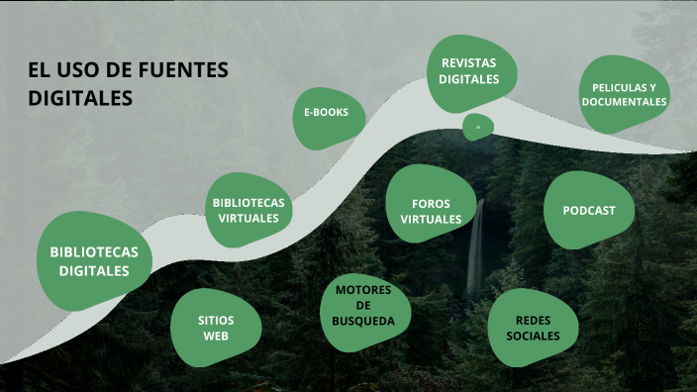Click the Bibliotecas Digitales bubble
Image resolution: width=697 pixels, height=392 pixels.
[94, 260]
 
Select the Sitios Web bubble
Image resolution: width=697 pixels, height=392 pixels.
[216, 328]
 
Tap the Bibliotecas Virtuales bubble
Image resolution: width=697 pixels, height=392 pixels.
[249, 210]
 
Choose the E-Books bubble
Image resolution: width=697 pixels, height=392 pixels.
[326, 113]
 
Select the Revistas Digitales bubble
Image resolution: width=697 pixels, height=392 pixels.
[469, 70]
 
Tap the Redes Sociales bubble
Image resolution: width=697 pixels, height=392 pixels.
[533, 328]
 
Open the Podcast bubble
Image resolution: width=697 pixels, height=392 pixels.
[589, 210]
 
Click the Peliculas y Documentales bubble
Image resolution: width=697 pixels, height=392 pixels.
[625, 94]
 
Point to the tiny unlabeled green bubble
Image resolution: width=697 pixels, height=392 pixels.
[477, 127]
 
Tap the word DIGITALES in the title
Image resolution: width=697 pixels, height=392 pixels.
[80, 99]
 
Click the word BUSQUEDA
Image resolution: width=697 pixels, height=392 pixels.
[363, 321]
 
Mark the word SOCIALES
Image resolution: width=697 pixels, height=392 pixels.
[533, 336]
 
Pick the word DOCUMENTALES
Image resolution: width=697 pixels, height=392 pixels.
[625, 102]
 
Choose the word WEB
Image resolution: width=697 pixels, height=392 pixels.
[216, 336]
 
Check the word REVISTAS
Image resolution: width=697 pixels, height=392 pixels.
[469, 62]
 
